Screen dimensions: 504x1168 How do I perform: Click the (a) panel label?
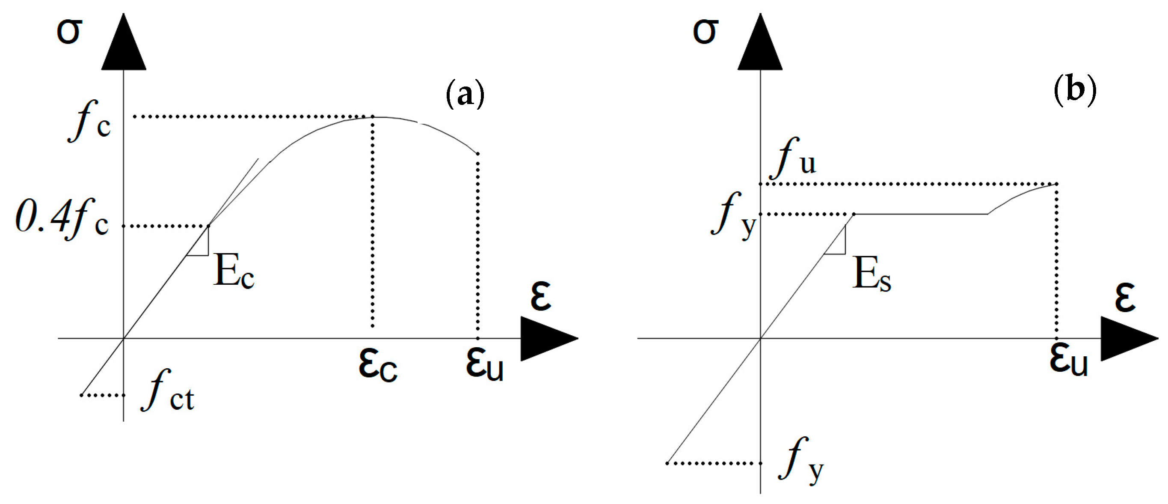[x=465, y=94]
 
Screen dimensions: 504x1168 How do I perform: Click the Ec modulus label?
[x=234, y=271]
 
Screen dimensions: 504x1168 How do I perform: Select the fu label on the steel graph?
[x=794, y=159]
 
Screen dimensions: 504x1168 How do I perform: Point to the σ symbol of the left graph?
[x=69, y=32]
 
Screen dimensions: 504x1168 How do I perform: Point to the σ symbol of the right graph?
[x=705, y=32]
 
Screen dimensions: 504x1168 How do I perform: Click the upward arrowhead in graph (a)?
[x=123, y=45]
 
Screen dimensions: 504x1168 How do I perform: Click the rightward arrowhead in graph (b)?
[x=1127, y=338]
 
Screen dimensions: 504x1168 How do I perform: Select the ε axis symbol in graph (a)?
[x=540, y=297]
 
